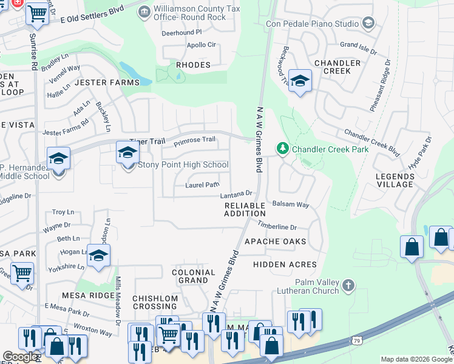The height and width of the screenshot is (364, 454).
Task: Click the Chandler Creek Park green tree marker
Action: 282,148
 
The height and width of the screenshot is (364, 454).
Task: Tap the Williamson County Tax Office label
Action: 189,12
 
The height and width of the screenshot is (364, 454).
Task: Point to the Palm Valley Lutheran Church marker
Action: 348,285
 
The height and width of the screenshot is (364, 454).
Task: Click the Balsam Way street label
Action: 291,204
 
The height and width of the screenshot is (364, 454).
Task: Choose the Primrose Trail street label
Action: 194,140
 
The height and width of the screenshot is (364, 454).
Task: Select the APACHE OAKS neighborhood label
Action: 276,241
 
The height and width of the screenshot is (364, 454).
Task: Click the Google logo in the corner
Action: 20,357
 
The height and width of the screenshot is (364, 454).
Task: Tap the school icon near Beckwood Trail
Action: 300,81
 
